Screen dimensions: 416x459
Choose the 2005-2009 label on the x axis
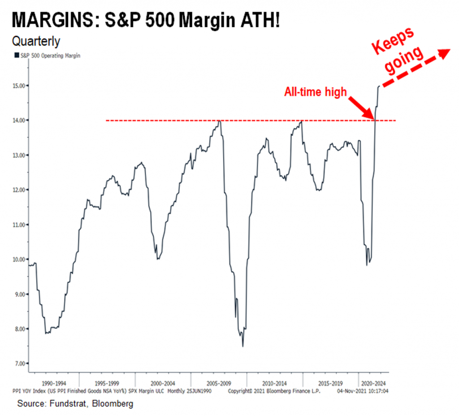click(x=218, y=384)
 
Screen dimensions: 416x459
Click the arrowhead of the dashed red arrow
click(x=444, y=53)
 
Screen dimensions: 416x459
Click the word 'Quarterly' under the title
click(x=36, y=42)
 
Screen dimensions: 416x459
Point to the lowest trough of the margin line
click(x=242, y=346)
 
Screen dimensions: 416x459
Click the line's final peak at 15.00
click(x=379, y=86)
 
